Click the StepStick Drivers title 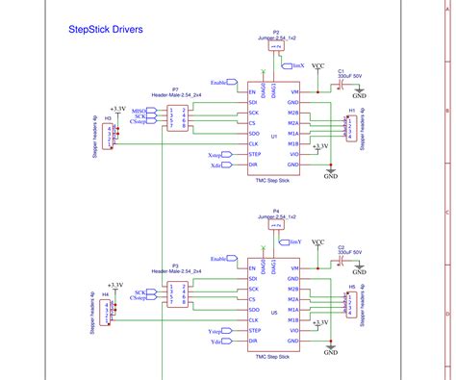click(x=106, y=30)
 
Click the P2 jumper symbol click(x=276, y=45)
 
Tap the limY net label click(x=296, y=242)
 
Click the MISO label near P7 click(x=139, y=111)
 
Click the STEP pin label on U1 click(x=256, y=155)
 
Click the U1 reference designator click(x=275, y=137)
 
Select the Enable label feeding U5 click(x=222, y=260)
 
